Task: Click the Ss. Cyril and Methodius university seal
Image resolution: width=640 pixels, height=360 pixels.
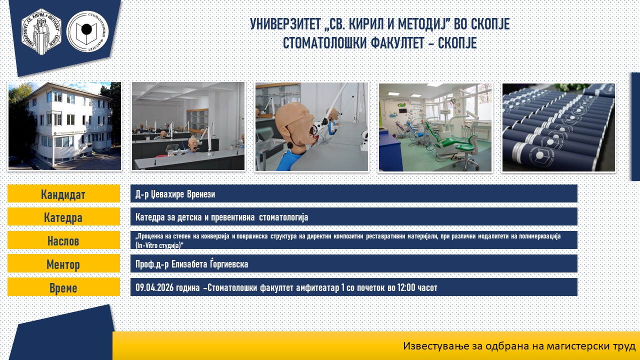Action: point(41,31)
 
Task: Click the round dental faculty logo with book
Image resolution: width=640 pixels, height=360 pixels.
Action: point(87,31)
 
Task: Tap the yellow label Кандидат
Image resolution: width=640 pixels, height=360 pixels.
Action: point(63,194)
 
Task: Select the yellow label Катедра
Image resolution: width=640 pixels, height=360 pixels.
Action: point(63,217)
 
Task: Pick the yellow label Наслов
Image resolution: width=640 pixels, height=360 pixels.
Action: point(63,240)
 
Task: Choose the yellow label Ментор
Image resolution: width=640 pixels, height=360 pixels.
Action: point(63,264)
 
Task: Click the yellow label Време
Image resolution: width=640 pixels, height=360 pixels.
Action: point(63,287)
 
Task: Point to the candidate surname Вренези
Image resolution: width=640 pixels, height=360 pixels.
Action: point(201,194)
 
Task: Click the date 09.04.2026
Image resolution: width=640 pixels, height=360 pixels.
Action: point(154,287)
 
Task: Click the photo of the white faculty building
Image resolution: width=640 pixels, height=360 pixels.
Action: point(64,126)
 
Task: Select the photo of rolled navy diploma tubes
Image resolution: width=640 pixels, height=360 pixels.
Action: point(558,127)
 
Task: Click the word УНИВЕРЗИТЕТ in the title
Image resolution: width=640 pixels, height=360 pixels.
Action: point(285,24)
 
